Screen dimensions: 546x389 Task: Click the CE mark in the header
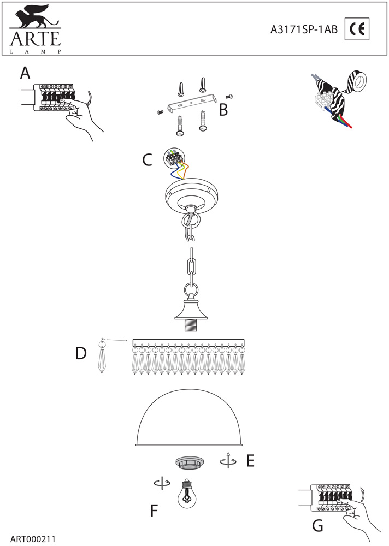[x=357, y=31]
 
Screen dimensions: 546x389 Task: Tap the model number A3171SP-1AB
[x=304, y=31]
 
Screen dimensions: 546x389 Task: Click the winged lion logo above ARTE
[x=32, y=17]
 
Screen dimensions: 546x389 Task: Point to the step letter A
[x=25, y=73]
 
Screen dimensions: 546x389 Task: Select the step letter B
[x=223, y=110]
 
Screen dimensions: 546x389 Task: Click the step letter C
[x=147, y=160]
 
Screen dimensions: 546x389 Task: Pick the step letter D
[x=81, y=354]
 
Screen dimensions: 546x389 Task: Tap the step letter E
[x=250, y=461]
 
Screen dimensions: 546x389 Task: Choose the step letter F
[x=155, y=511]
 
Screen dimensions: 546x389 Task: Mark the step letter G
[x=317, y=525]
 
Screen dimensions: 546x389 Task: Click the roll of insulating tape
[x=359, y=82]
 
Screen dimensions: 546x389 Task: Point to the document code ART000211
[x=33, y=538]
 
